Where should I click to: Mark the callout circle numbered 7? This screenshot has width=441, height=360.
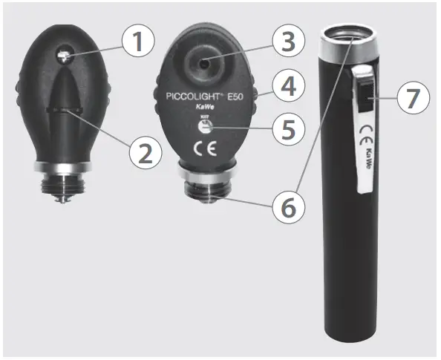414,99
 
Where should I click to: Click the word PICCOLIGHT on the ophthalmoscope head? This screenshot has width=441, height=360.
191,97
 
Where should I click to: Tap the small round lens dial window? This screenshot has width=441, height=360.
204,127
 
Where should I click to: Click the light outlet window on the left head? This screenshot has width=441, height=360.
63,54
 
